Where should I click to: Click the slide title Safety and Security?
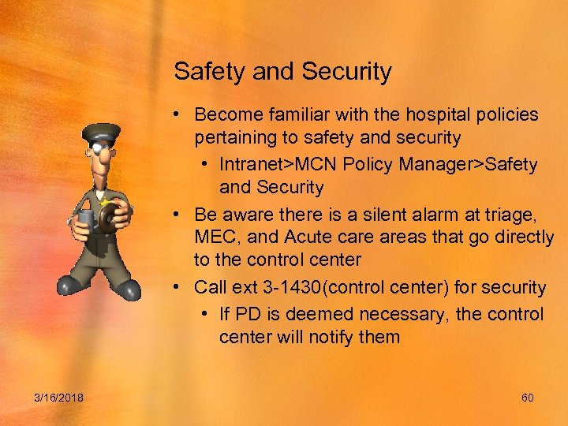pyautogui.click(x=282, y=72)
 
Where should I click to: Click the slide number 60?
pyautogui.click(x=528, y=398)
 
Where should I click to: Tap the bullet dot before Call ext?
pyautogui.click(x=180, y=288)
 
